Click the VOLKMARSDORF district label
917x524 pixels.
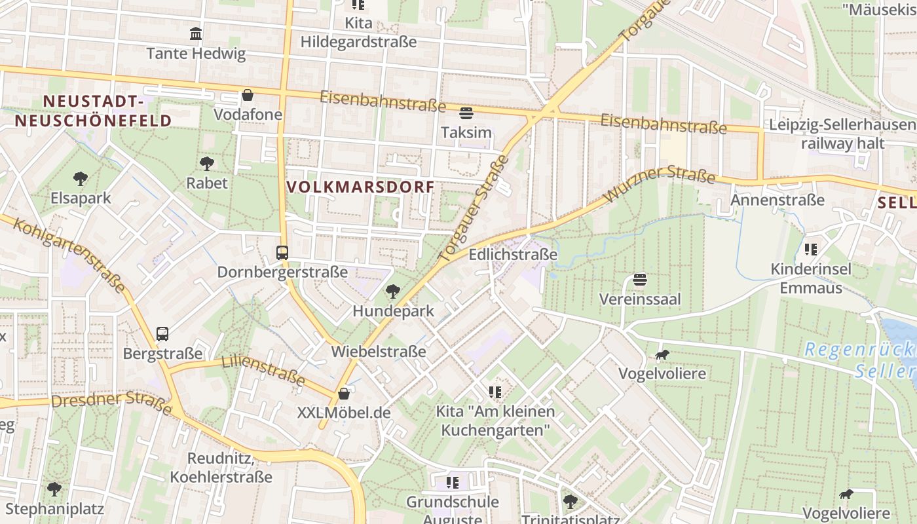[x=360, y=187]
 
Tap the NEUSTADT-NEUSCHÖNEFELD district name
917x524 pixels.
[x=93, y=111]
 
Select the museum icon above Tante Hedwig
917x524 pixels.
[x=195, y=33]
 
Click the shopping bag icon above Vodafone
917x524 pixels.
[x=248, y=95]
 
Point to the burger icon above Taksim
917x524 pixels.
[x=466, y=113]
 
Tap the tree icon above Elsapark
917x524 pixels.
[x=81, y=178]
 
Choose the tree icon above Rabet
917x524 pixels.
[x=207, y=163]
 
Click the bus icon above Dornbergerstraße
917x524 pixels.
[x=282, y=252]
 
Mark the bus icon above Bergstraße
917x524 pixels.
[x=162, y=334]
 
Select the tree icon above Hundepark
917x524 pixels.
[x=393, y=291]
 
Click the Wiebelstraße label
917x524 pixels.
[x=379, y=351]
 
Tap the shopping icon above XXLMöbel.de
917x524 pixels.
[x=344, y=394]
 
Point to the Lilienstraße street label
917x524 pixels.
[x=263, y=370]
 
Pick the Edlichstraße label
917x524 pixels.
[x=513, y=255]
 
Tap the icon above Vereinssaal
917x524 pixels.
[x=640, y=280]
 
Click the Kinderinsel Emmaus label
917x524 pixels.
[x=811, y=278]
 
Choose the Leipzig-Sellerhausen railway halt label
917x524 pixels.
[x=842, y=134]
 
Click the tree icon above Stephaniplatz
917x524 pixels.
[x=54, y=489]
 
